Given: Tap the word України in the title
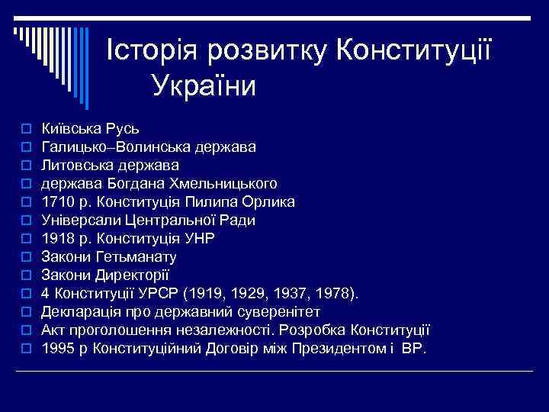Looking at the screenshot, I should coord(204,85).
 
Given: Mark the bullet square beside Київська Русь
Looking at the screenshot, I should coord(26,128).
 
